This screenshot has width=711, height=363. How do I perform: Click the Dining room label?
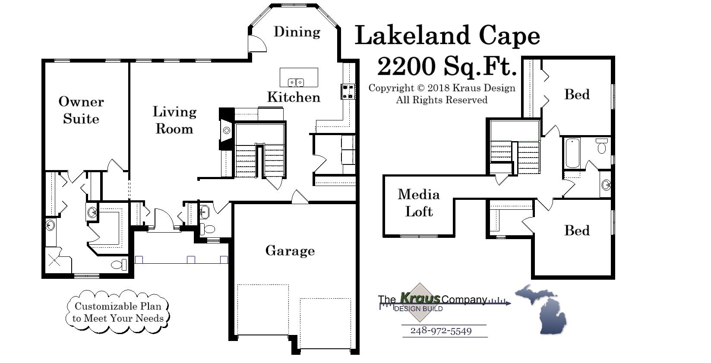point(297,32)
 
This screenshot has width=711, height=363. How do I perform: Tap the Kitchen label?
point(294,97)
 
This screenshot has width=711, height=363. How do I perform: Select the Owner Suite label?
point(81,110)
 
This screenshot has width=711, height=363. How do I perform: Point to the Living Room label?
point(174,120)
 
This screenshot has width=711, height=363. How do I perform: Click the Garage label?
point(290,251)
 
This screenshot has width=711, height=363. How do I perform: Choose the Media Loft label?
point(418,203)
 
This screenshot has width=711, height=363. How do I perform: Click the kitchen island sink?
point(296,82)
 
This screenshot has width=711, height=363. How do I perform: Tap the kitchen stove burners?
point(348,92)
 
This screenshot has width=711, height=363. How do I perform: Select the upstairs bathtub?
point(572,153)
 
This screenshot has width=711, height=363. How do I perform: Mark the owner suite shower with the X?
point(54,259)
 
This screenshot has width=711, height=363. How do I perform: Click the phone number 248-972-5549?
point(441,331)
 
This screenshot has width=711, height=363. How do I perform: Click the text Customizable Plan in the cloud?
point(118,306)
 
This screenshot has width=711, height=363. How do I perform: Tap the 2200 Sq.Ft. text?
point(447,66)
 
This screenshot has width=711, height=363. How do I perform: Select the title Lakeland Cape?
point(447,35)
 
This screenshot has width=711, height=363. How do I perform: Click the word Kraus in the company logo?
point(420,298)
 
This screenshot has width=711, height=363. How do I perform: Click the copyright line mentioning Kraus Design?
point(441,88)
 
